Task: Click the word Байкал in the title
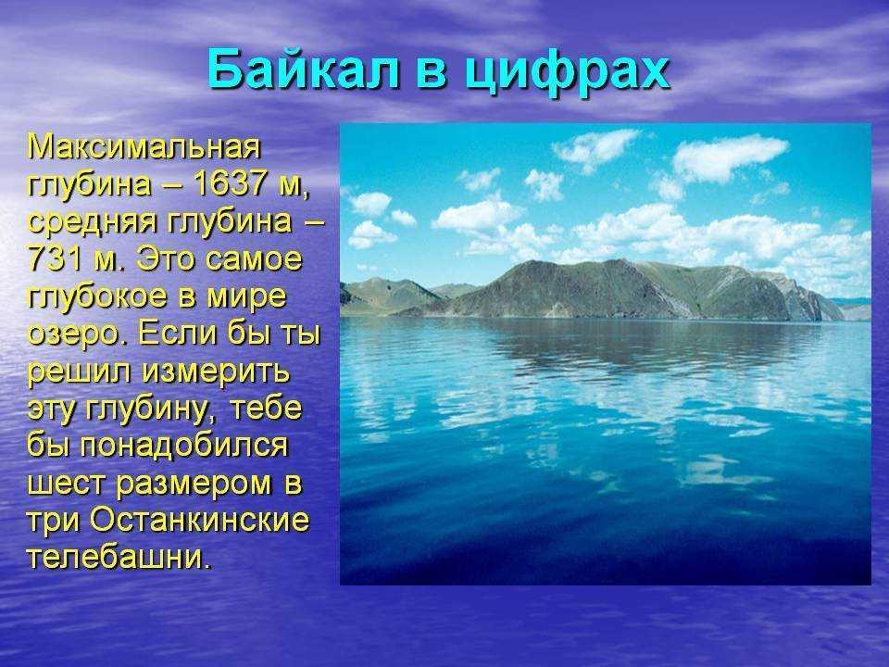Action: [305, 69]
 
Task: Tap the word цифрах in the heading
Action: [567, 71]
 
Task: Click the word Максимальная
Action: [144, 147]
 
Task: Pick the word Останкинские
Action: [200, 520]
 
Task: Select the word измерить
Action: [216, 372]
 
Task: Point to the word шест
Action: [67, 485]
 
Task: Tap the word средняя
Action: [92, 222]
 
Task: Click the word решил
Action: [80, 372]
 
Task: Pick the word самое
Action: [254, 259]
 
